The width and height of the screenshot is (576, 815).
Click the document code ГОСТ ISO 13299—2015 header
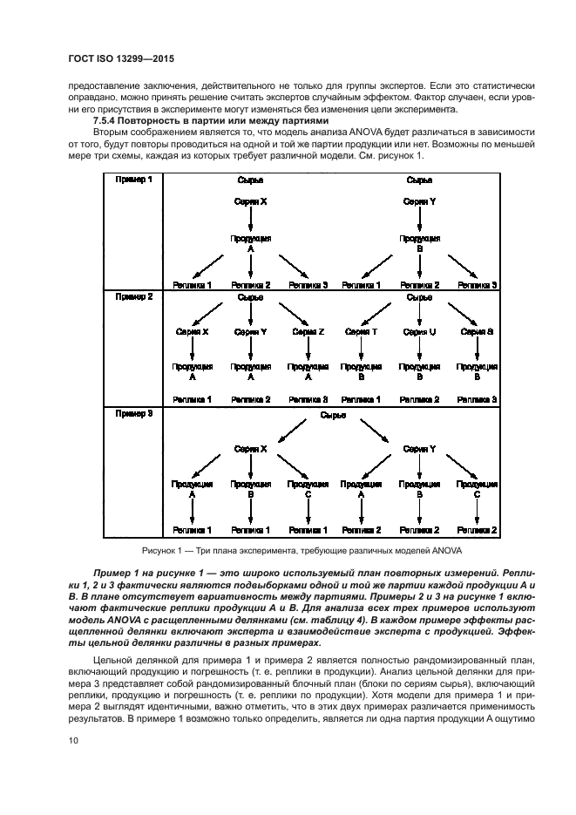click(128, 63)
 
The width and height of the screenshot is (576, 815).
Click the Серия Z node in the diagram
click(308, 332)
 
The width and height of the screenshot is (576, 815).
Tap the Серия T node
click(361, 332)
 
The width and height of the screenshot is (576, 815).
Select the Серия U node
click(420, 332)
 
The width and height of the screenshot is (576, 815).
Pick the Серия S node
click(478, 332)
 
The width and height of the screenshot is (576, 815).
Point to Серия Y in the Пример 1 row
click(420, 201)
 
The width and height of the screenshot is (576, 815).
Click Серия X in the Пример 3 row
click(250, 449)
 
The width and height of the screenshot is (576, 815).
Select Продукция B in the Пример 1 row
click(420, 242)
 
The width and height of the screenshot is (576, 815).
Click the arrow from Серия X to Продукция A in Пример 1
click(250, 219)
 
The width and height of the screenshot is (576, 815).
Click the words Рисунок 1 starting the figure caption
click(163, 552)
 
